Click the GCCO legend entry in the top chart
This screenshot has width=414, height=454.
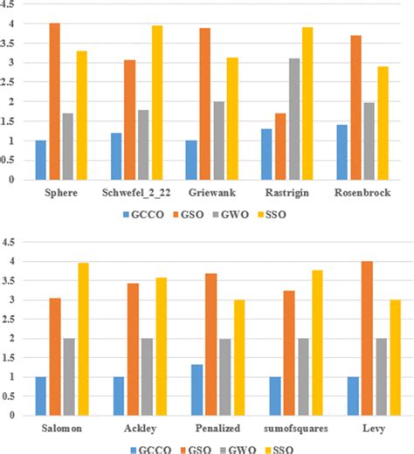(x=145, y=212)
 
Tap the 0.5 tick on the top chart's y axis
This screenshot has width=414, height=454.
(x=10, y=161)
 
